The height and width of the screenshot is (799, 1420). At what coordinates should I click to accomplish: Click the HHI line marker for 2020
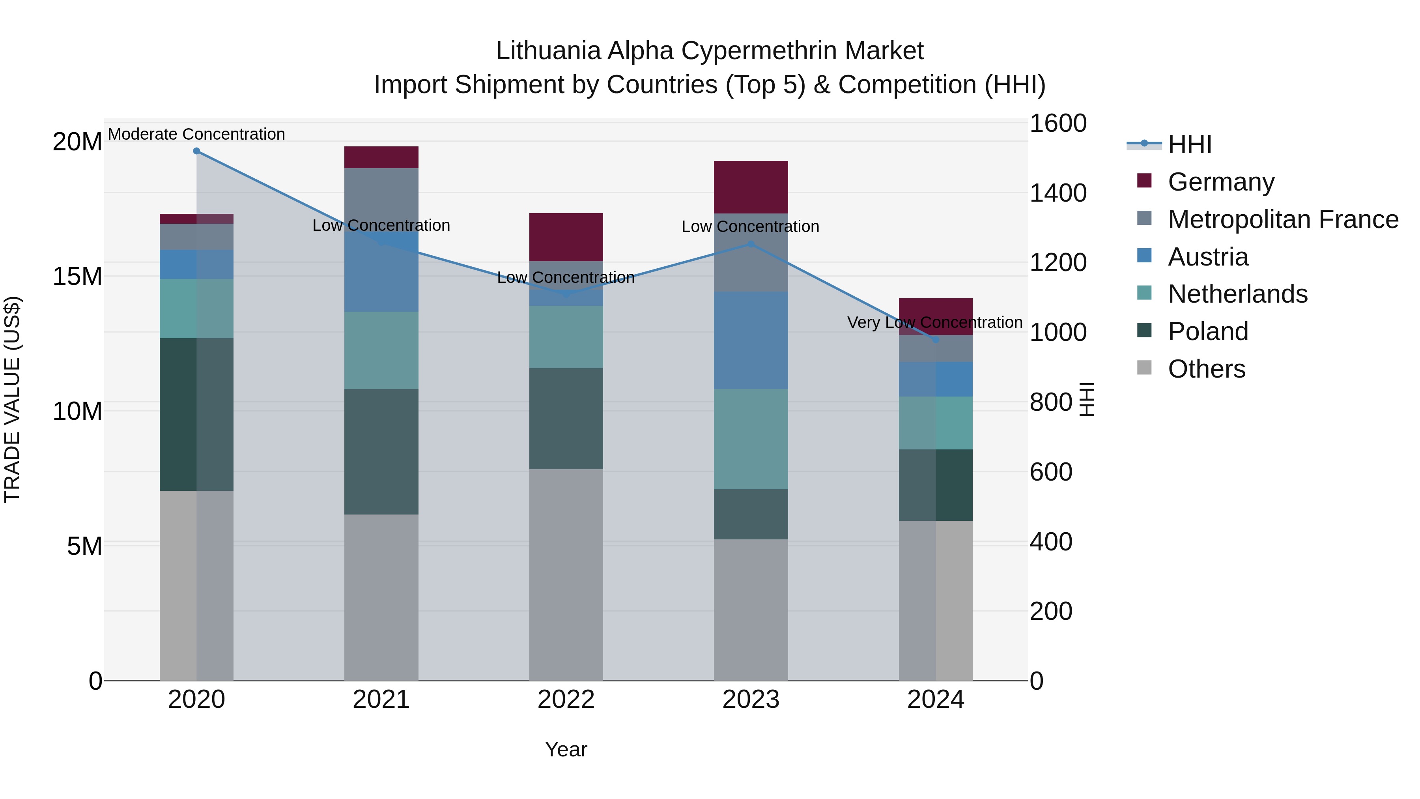coord(196,151)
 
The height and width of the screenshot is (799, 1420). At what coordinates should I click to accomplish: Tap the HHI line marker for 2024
coord(936,340)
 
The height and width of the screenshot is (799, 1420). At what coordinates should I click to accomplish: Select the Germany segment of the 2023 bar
coord(751,187)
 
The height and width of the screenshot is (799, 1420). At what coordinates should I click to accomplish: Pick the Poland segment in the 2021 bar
coord(381,452)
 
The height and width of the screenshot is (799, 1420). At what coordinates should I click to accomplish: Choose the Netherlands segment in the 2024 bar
coord(936,423)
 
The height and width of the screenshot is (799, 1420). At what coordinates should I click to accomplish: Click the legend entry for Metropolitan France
coord(1283,219)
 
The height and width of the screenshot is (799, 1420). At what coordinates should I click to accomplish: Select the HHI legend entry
coord(1189,144)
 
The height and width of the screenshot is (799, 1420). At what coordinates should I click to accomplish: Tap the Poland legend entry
coord(1207,331)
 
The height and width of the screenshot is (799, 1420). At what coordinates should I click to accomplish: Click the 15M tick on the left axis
coord(77,276)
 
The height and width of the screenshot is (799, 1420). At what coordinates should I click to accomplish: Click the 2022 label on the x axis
coord(566,700)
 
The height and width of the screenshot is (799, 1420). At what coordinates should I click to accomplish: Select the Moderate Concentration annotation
coord(196,134)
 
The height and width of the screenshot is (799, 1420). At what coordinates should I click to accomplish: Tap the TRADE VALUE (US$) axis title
coord(12,399)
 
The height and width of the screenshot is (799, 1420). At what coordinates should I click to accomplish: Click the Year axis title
coord(566,749)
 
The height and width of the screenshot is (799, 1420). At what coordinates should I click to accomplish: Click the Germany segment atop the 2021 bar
coord(381,157)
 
